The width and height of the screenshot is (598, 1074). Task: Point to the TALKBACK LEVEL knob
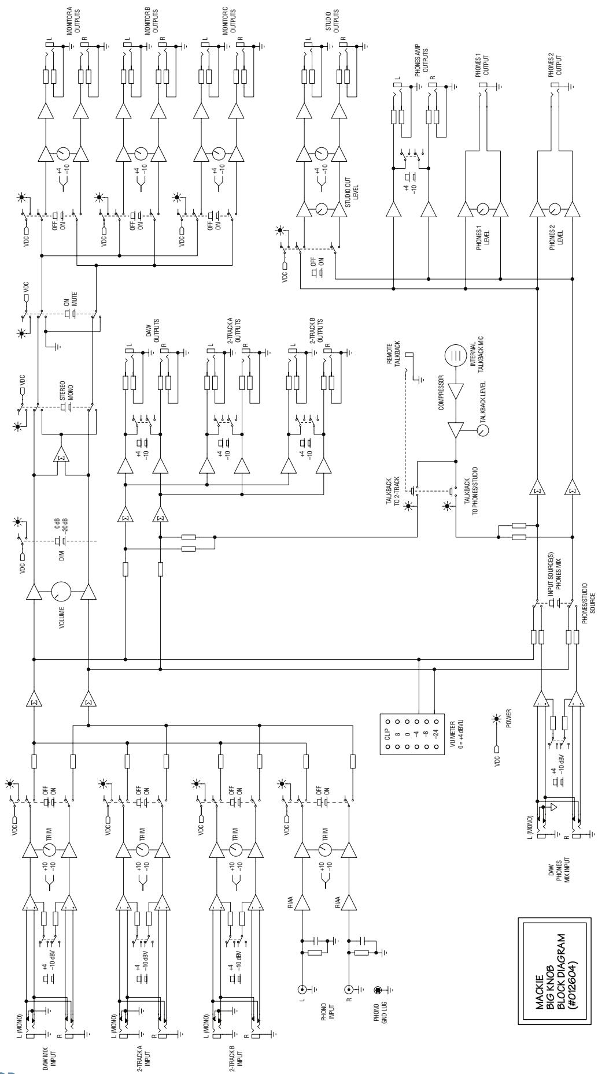coord(482,429)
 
